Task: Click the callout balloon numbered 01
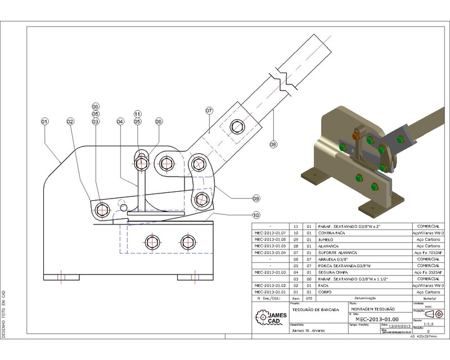tap(45, 121)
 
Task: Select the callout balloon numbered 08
tap(273, 145)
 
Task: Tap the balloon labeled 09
tap(256, 198)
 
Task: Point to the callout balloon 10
tap(256, 214)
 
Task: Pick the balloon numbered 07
tap(209, 111)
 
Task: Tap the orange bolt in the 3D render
tap(356, 135)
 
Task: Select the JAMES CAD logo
tap(271, 318)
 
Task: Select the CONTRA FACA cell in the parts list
tap(331, 232)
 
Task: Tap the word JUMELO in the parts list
tap(326, 238)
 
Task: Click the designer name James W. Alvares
tap(308, 331)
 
